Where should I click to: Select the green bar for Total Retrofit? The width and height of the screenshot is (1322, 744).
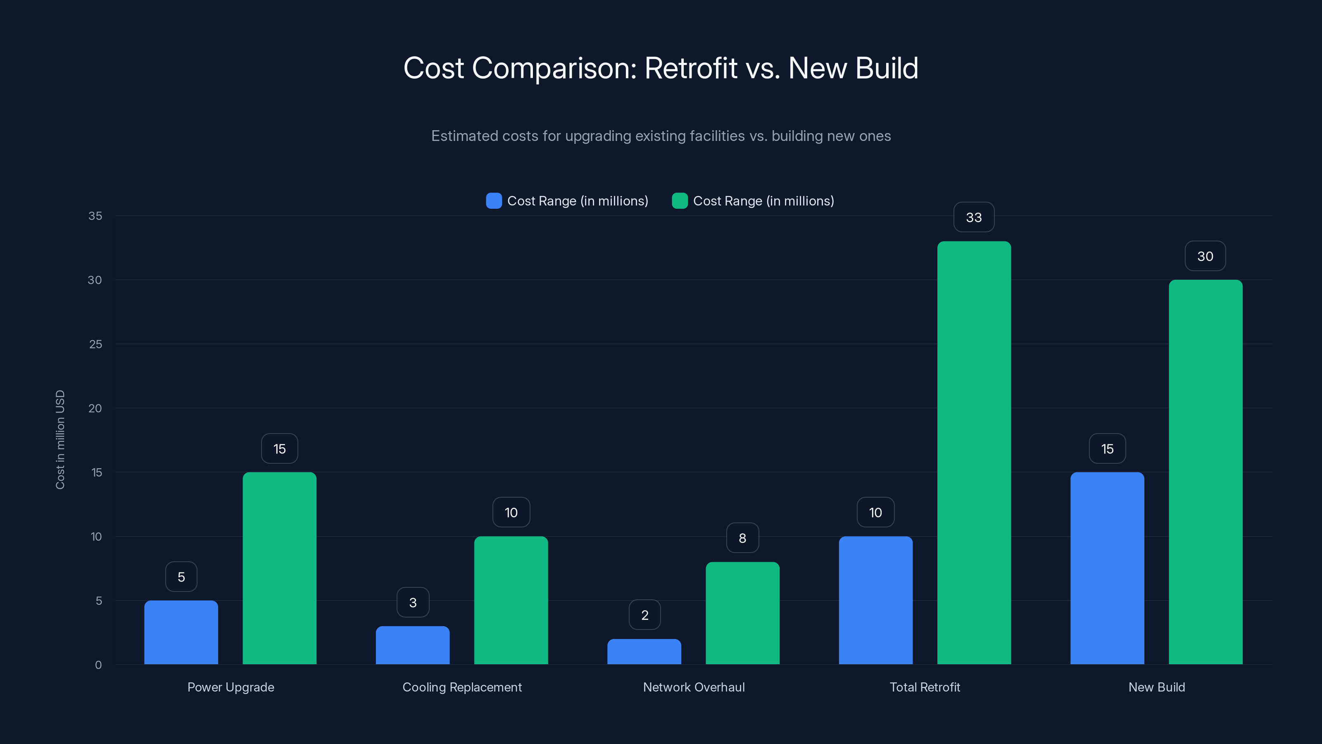click(x=974, y=452)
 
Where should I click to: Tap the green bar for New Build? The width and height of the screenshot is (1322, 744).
click(x=1205, y=472)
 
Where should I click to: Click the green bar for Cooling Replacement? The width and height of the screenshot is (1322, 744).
click(x=511, y=600)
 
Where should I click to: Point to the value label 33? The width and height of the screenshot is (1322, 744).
click(x=974, y=217)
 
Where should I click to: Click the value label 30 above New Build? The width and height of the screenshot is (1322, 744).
click(x=1205, y=256)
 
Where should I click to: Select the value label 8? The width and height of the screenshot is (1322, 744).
click(x=742, y=538)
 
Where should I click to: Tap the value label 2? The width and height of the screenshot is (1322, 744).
click(x=644, y=615)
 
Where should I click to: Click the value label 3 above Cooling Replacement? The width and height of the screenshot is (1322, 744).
click(x=413, y=602)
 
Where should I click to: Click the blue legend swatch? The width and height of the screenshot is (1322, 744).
click(x=494, y=201)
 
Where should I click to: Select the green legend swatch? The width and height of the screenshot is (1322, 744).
click(x=680, y=201)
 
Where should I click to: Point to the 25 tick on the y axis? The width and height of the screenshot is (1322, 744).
click(x=95, y=344)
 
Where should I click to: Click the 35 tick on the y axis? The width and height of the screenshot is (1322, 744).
click(x=95, y=216)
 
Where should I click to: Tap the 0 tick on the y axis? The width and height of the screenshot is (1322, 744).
click(x=98, y=665)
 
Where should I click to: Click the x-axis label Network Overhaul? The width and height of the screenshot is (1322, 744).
click(x=694, y=687)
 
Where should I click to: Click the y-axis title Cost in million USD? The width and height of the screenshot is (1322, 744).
click(x=60, y=439)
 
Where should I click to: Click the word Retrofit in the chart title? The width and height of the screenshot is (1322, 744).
click(x=691, y=68)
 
